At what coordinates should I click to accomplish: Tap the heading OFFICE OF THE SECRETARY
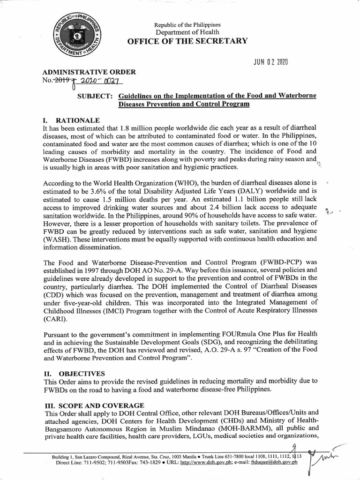(x=187, y=41)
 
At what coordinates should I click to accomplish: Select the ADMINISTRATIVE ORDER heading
(x=89, y=72)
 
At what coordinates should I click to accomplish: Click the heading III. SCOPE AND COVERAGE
(x=94, y=405)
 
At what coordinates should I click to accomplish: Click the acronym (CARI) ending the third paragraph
(x=55, y=319)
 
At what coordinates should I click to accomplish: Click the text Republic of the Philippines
(x=187, y=24)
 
